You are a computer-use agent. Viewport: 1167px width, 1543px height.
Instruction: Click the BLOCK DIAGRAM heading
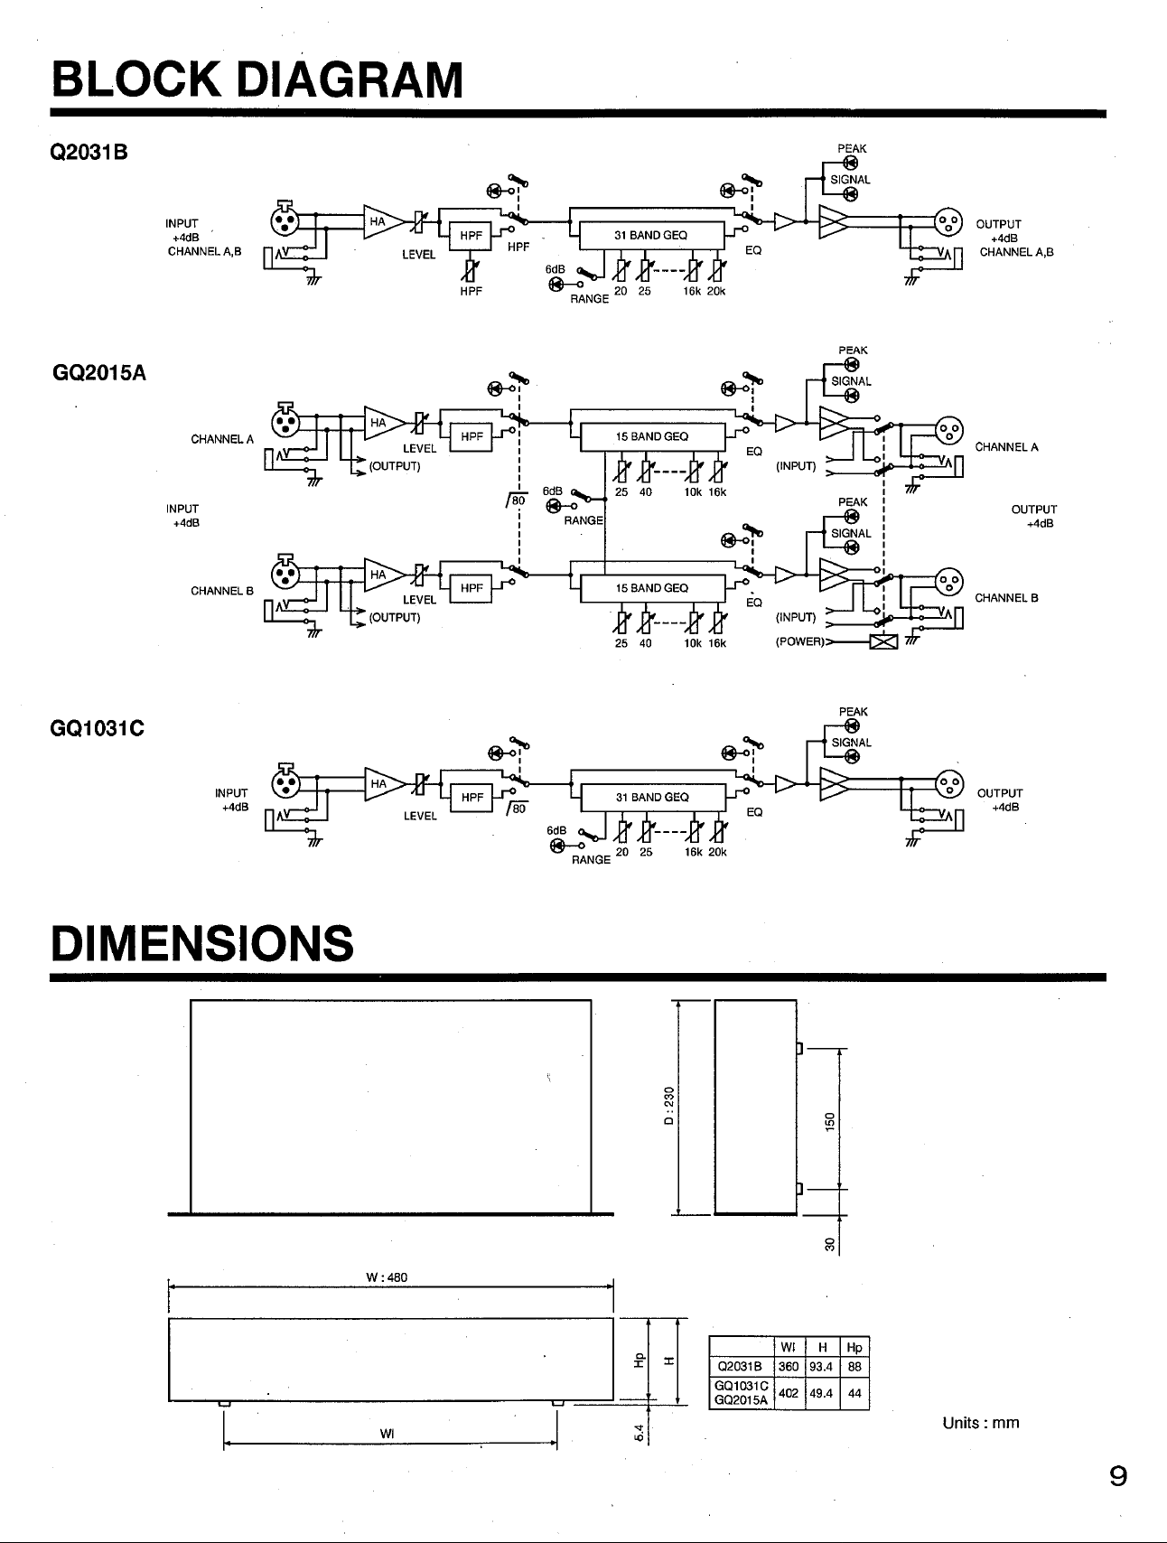click(x=257, y=79)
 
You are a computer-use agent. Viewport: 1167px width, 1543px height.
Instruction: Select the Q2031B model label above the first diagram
click(x=89, y=153)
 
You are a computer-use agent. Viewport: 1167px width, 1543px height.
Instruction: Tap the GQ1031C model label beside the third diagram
click(x=98, y=728)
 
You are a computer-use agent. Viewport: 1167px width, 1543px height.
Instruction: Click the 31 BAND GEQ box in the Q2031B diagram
click(x=650, y=235)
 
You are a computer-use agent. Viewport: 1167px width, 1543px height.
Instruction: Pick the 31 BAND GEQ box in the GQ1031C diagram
click(x=652, y=797)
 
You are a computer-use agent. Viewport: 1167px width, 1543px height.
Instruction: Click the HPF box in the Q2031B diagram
click(x=471, y=236)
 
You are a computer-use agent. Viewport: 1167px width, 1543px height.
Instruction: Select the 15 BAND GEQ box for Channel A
click(x=652, y=436)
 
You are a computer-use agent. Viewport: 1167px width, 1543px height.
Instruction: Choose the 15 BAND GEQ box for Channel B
click(x=652, y=588)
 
